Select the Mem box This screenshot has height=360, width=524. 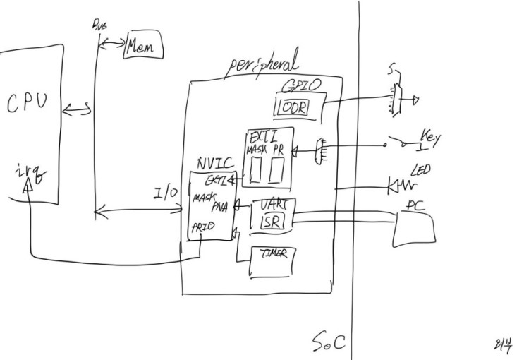coord(142,47)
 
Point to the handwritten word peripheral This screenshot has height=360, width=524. coord(261,66)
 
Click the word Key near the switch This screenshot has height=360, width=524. coord(430,134)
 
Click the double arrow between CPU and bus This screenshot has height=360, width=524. coord(76,109)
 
